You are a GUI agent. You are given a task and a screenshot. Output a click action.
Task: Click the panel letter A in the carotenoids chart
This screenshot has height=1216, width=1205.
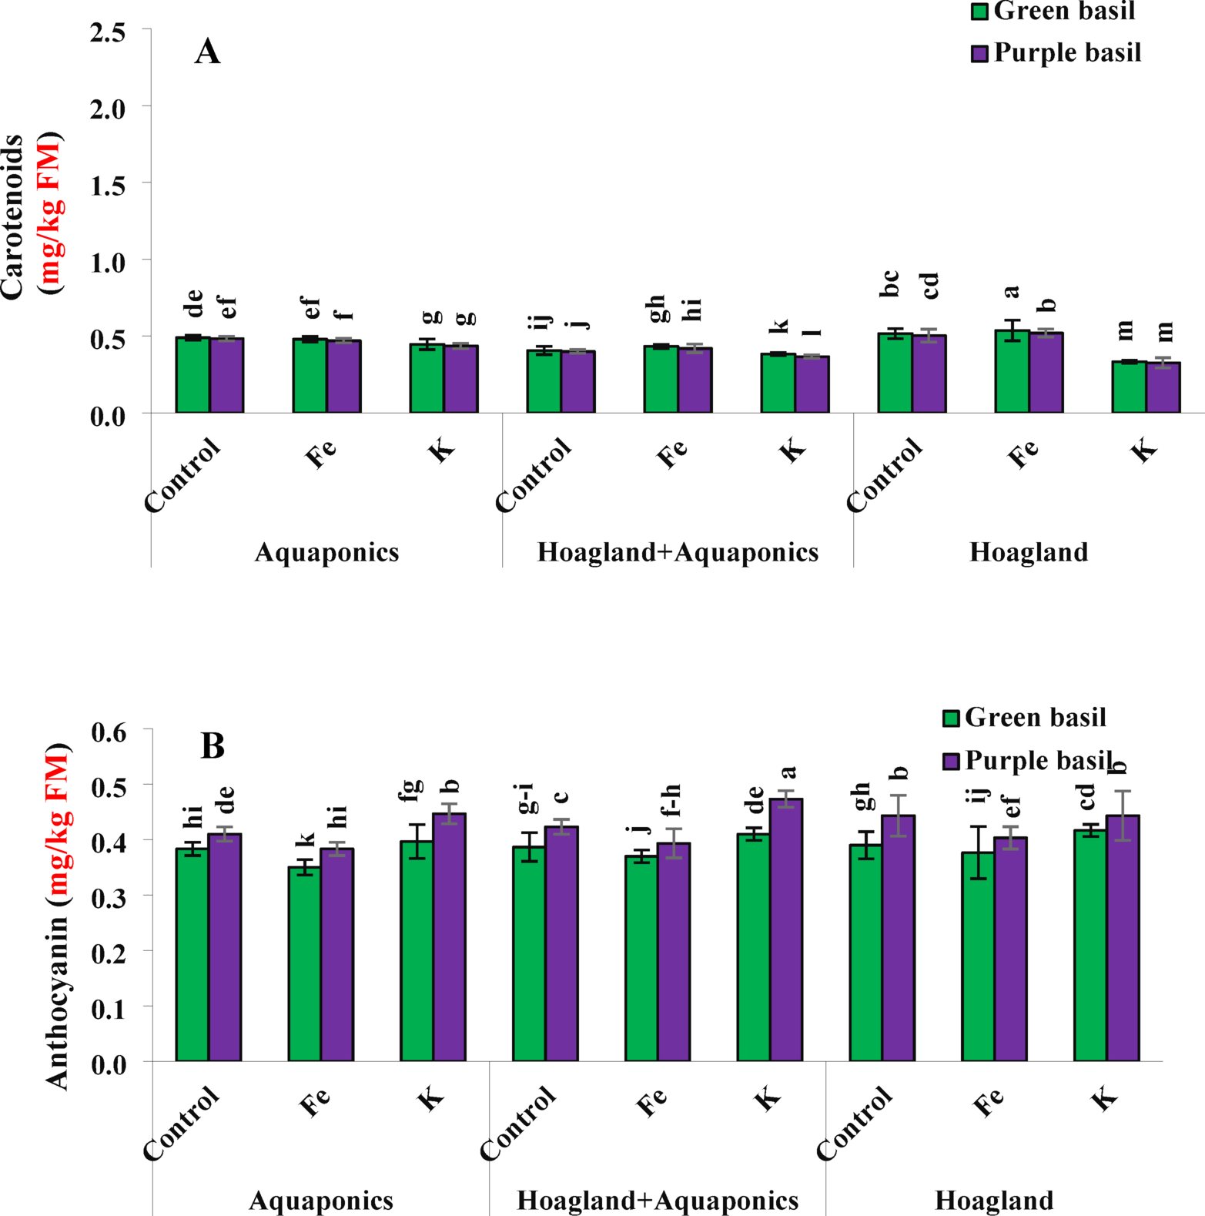[x=207, y=52]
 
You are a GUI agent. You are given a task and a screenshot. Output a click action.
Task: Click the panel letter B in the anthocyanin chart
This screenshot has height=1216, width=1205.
[x=213, y=745]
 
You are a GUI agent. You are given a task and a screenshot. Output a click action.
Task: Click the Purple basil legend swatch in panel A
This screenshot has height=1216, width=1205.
[x=979, y=53]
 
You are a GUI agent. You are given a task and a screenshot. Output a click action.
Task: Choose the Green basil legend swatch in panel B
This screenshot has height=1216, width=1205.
[x=951, y=719]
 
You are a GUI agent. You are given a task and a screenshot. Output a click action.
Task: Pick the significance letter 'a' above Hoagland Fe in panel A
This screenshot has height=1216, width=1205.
[x=1012, y=291]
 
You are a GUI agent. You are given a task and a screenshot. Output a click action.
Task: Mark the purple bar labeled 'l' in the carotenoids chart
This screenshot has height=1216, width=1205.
[x=812, y=384]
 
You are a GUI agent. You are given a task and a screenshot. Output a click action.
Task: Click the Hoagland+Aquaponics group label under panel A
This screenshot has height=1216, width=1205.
[x=678, y=552]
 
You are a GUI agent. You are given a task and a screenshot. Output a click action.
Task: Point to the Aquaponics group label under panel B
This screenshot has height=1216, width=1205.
[x=321, y=1200]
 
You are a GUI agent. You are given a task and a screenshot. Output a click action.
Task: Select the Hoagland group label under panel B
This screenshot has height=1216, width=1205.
[x=993, y=1200]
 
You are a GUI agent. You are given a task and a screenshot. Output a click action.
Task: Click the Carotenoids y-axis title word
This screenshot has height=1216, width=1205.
[x=12, y=216]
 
